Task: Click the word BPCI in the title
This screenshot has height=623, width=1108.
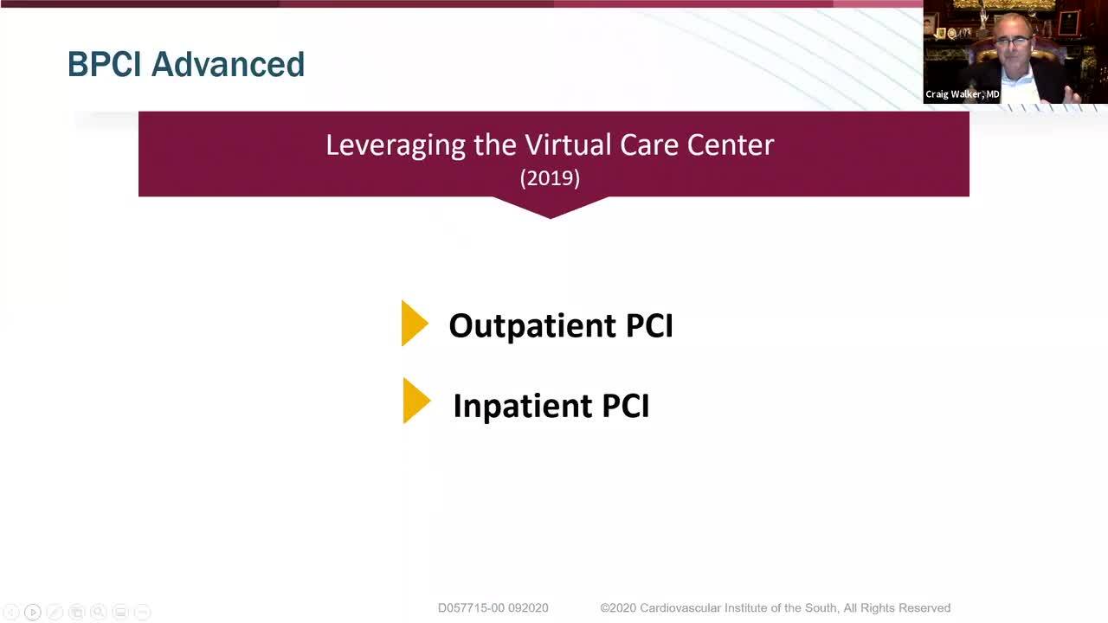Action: point(105,64)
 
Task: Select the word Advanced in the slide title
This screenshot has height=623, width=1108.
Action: point(228,64)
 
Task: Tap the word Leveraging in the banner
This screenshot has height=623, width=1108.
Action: point(396,146)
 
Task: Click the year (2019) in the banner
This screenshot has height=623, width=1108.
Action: point(550,178)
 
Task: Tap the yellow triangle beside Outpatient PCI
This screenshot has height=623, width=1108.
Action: point(415,323)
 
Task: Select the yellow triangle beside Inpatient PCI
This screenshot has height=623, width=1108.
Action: point(416,401)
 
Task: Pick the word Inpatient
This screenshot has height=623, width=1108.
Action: point(522,407)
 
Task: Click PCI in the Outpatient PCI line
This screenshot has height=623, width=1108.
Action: point(649,325)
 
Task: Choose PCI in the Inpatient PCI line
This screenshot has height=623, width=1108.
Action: point(626,406)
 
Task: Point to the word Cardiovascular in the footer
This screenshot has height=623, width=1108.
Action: point(680,607)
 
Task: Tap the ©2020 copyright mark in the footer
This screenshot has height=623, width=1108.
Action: point(618,607)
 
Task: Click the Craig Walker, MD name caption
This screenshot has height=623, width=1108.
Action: point(962,94)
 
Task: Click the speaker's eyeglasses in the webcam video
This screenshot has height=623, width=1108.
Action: point(1012,42)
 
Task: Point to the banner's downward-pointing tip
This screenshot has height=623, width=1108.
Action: point(551,218)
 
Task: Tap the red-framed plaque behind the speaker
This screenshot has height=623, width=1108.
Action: point(1068,23)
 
